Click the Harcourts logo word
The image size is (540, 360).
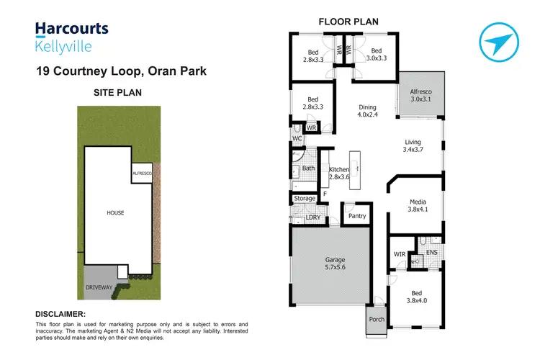72,30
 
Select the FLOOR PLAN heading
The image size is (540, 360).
348,22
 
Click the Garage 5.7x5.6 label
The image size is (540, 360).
336,265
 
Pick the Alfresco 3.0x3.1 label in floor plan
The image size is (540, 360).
420,96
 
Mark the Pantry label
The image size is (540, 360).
356,216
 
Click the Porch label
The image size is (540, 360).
376,320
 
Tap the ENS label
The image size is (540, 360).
431,253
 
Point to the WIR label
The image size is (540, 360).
400,253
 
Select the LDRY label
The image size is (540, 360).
313,217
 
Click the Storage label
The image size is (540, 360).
305,198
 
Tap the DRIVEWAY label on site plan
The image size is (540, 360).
100,287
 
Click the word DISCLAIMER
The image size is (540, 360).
60,314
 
